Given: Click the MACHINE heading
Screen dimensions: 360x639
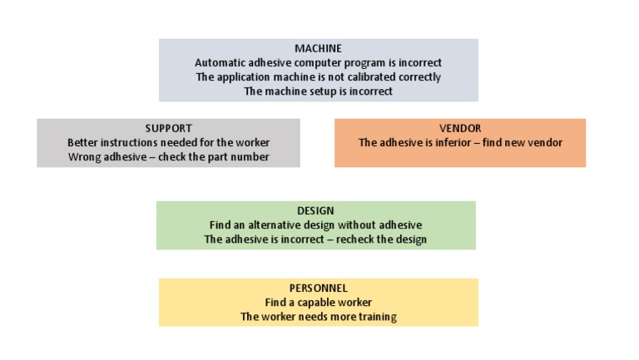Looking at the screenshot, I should [x=318, y=48].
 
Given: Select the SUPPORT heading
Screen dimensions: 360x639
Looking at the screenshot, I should [x=168, y=128].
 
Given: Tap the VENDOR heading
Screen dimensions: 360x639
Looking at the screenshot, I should [x=460, y=128].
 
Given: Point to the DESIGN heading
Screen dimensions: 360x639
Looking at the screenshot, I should [x=315, y=211].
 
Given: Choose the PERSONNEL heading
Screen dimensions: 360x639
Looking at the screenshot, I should [x=318, y=288].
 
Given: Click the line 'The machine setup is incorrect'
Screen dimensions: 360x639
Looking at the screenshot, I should [x=318, y=91].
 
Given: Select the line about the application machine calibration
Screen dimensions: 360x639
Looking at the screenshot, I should [x=318, y=77].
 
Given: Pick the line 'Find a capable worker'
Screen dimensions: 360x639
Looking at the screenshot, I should [x=318, y=302].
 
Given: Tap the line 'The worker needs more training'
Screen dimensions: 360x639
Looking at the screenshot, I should [x=318, y=317].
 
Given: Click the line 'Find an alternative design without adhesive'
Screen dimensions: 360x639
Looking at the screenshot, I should [x=315, y=225].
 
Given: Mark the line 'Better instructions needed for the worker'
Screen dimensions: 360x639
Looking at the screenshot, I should [x=168, y=143].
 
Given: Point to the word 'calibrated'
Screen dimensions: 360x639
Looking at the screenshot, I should [x=351, y=77].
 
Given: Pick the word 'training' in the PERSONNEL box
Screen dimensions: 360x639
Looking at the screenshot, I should [x=376, y=317].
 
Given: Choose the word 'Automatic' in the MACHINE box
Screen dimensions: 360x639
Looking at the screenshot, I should [x=219, y=63].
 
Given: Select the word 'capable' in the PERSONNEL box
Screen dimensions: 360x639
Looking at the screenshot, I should [x=321, y=302].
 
